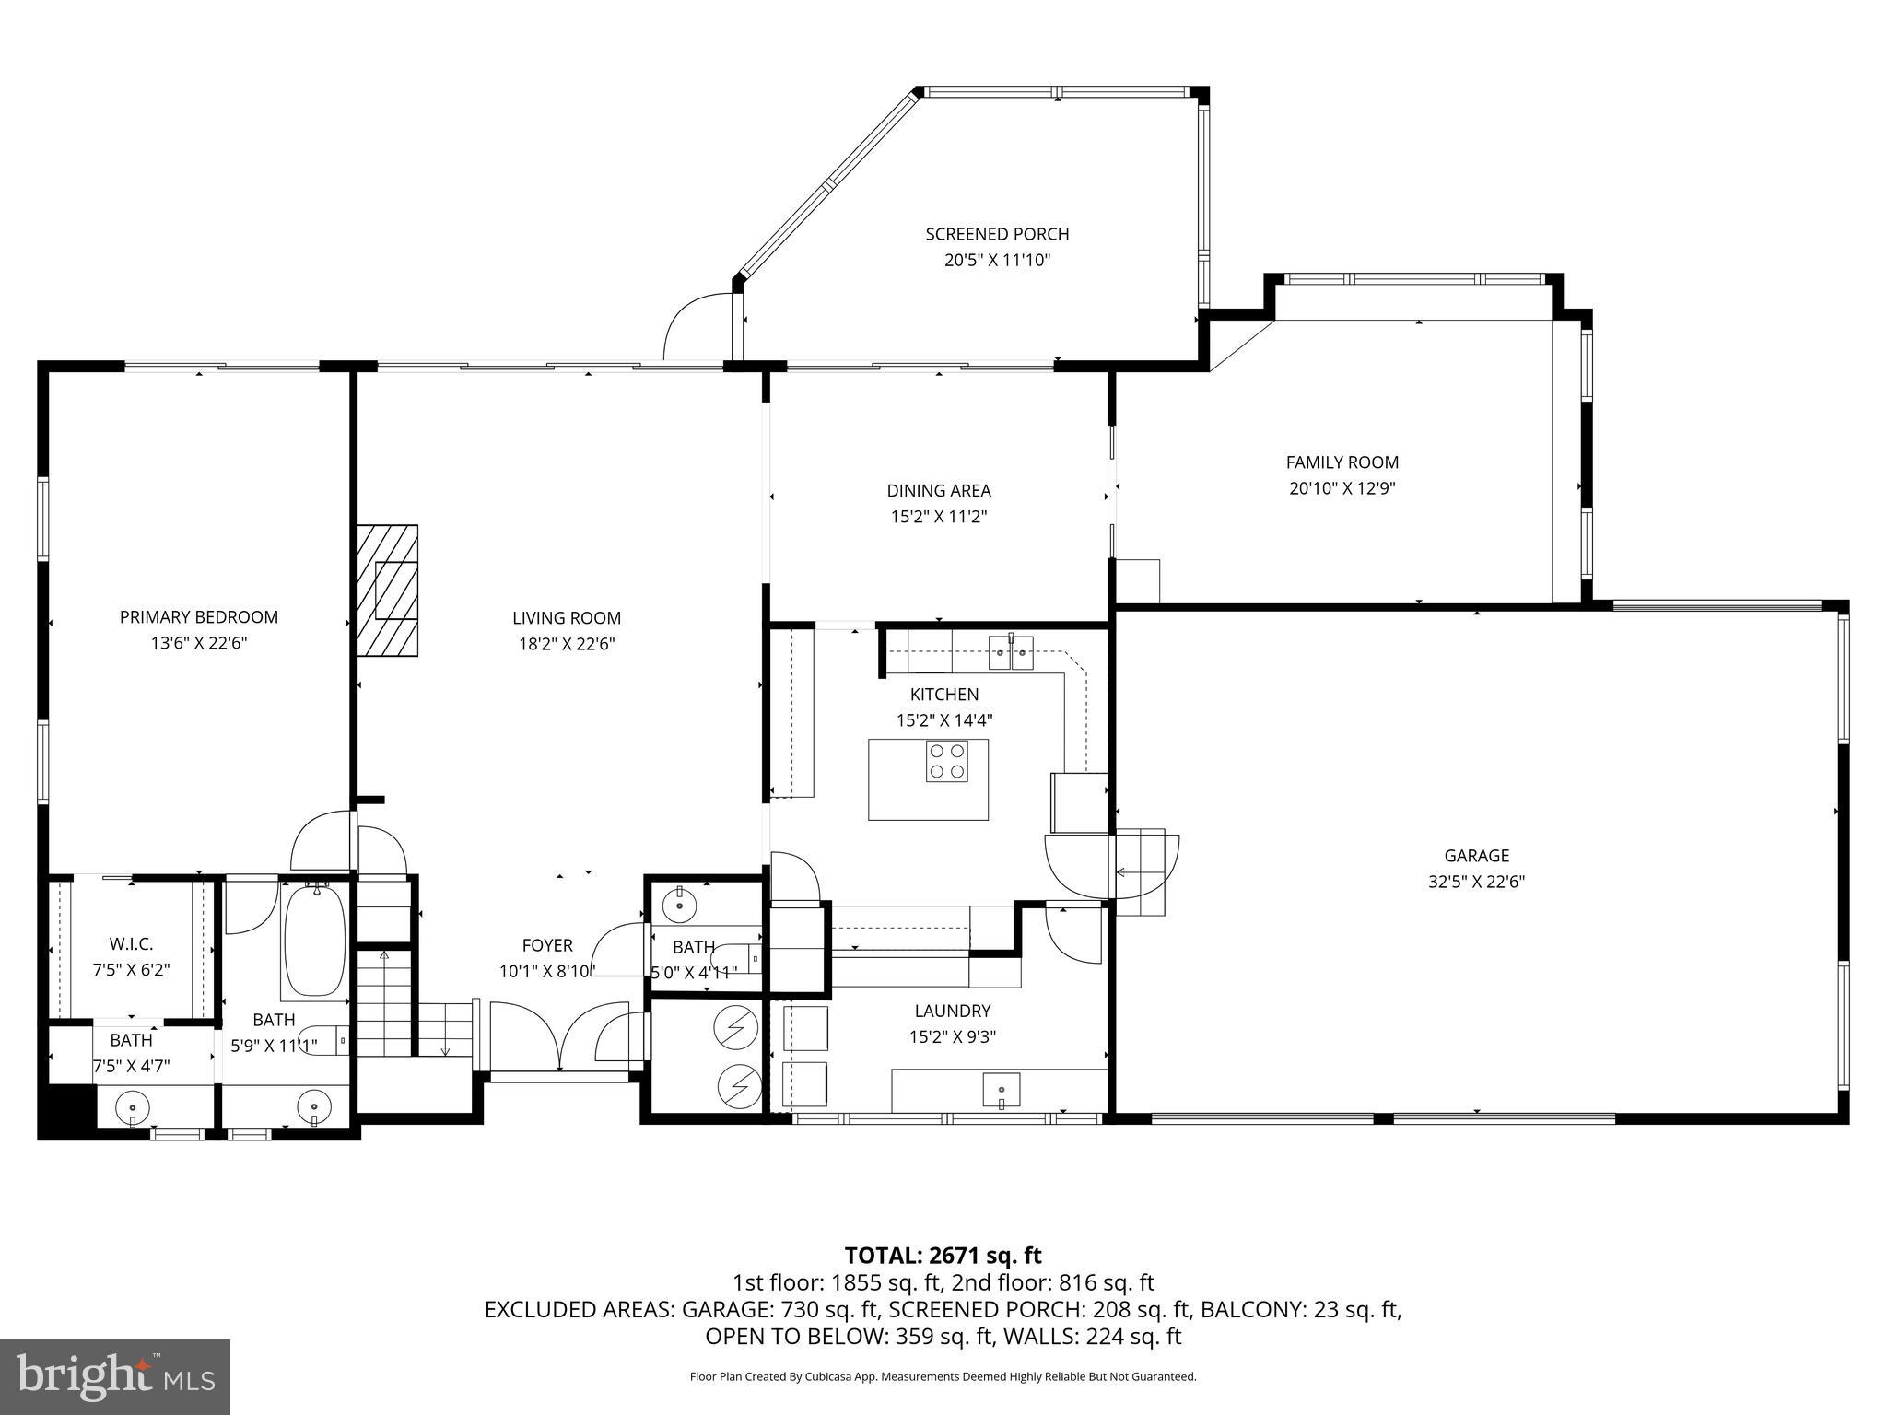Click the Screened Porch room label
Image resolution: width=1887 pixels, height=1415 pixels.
pyautogui.click(x=997, y=234)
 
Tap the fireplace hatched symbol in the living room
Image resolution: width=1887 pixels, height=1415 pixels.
pyautogui.click(x=388, y=591)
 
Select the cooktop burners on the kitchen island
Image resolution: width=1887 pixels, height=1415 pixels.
pyautogui.click(x=947, y=762)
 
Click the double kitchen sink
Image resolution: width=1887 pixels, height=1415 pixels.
pyautogui.click(x=1012, y=652)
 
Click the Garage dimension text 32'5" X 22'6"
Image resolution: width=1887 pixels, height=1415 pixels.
pyautogui.click(x=1476, y=882)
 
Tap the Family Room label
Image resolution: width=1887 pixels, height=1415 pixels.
pyautogui.click(x=1342, y=462)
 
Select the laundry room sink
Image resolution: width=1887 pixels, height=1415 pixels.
pyautogui.click(x=1002, y=1091)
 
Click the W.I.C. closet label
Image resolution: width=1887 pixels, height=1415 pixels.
pyautogui.click(x=131, y=944)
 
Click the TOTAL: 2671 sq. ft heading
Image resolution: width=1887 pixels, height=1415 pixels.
pyautogui.click(x=943, y=1255)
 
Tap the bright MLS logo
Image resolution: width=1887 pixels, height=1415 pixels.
pyautogui.click(x=115, y=1376)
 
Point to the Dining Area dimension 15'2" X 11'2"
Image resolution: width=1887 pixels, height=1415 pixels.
pyautogui.click(x=938, y=517)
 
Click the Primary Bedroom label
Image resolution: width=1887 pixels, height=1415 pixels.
pyautogui.click(x=198, y=617)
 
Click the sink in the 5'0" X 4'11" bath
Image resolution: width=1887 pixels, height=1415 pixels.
pyautogui.click(x=680, y=904)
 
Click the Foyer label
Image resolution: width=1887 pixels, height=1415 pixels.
pyautogui.click(x=547, y=945)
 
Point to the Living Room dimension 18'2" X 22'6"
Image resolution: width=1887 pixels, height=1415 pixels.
pyautogui.click(x=566, y=644)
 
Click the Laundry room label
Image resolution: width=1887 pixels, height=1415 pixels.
pyautogui.click(x=952, y=1011)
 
